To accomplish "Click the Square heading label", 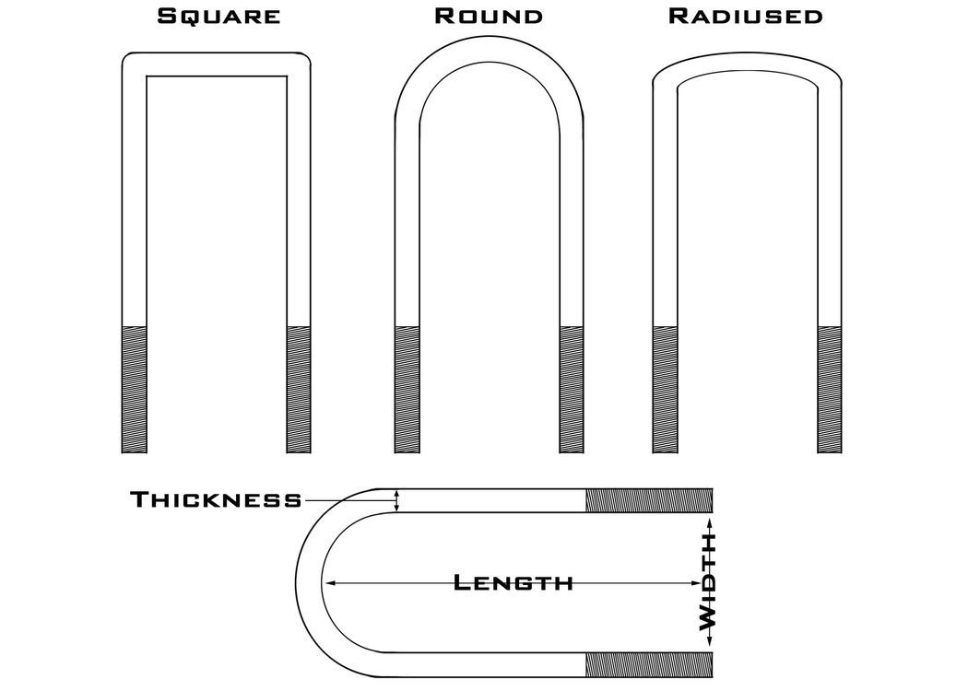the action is [218, 16].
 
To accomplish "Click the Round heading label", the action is [489, 16].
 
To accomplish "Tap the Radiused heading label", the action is [745, 16].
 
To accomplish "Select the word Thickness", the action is [216, 499].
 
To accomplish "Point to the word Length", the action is [513, 582].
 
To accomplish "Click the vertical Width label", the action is [707, 581].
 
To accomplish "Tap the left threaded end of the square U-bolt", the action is [135, 390].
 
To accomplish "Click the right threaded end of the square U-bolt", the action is [299, 390].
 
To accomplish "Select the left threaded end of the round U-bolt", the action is [407, 390].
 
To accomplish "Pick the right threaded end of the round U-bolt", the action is [572, 390].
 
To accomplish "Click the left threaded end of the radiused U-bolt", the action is [665, 390].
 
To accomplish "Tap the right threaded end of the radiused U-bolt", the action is [830, 390].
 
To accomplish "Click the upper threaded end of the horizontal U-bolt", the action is [649, 500].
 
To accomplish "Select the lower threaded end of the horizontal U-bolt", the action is [649, 664].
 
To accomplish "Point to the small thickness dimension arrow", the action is [397, 500].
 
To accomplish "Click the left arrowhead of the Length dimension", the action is [330, 582].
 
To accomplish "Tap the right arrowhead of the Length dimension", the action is [696, 582].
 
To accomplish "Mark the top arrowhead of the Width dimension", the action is [710, 524].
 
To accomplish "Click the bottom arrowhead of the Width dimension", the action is [710, 641].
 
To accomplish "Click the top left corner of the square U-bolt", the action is [124, 55].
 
